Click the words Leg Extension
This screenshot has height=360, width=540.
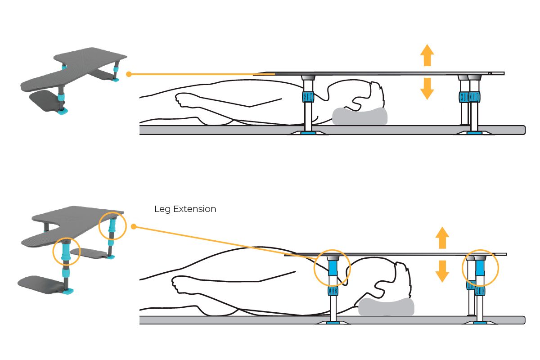click(185, 209)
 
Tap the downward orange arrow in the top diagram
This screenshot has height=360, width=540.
click(427, 89)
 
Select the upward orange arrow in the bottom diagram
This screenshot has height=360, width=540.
click(442, 238)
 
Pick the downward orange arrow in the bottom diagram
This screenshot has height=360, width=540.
click(442, 271)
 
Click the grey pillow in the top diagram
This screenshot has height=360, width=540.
click(360, 116)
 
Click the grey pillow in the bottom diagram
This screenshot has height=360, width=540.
click(386, 306)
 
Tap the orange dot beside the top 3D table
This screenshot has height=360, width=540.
click(129, 74)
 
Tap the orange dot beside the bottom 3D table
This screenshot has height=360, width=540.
click(133, 226)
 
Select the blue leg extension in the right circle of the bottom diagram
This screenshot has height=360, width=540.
click(480, 268)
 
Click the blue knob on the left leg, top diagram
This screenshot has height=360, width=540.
click(308, 97)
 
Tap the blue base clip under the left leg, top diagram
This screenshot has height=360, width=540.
click(308, 133)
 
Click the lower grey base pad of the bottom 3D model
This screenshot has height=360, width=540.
click(43, 284)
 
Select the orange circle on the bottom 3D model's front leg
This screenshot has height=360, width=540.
click(67, 251)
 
